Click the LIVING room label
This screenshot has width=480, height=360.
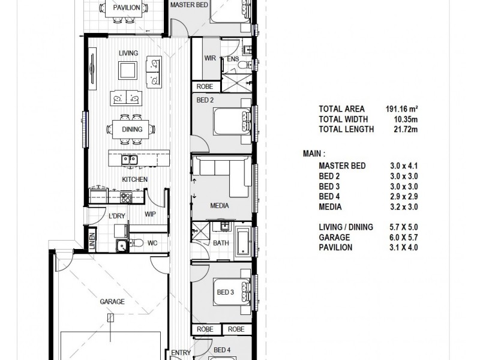(128, 53)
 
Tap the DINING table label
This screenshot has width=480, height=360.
(132, 129)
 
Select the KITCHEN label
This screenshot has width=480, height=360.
(134, 179)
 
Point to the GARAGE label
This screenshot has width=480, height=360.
(112, 302)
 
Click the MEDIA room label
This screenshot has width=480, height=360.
(220, 206)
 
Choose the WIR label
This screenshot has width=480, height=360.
(210, 58)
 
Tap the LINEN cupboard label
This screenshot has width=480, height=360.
(92, 241)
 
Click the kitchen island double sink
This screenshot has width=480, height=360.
(129, 159)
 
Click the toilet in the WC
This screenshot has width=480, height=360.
(136, 243)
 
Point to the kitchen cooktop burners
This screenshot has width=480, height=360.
(126, 197)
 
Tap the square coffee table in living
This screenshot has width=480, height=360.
(128, 70)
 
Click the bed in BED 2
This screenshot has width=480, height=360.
(232, 121)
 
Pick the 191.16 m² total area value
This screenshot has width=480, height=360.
(401, 109)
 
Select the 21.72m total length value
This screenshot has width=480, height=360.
(406, 129)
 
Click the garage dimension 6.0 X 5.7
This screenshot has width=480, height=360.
(404, 237)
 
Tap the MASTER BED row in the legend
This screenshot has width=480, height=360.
(368, 166)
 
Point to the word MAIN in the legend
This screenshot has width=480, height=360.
(312, 154)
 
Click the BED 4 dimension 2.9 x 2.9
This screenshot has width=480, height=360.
(404, 197)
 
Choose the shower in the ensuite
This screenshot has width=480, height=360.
(236, 83)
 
